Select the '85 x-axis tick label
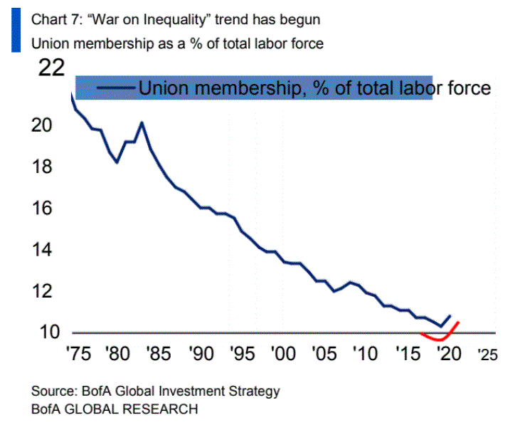[159, 353]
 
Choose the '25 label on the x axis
[485, 353]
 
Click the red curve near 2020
[442, 340]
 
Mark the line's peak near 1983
[142, 122]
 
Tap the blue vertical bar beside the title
[15, 31]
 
